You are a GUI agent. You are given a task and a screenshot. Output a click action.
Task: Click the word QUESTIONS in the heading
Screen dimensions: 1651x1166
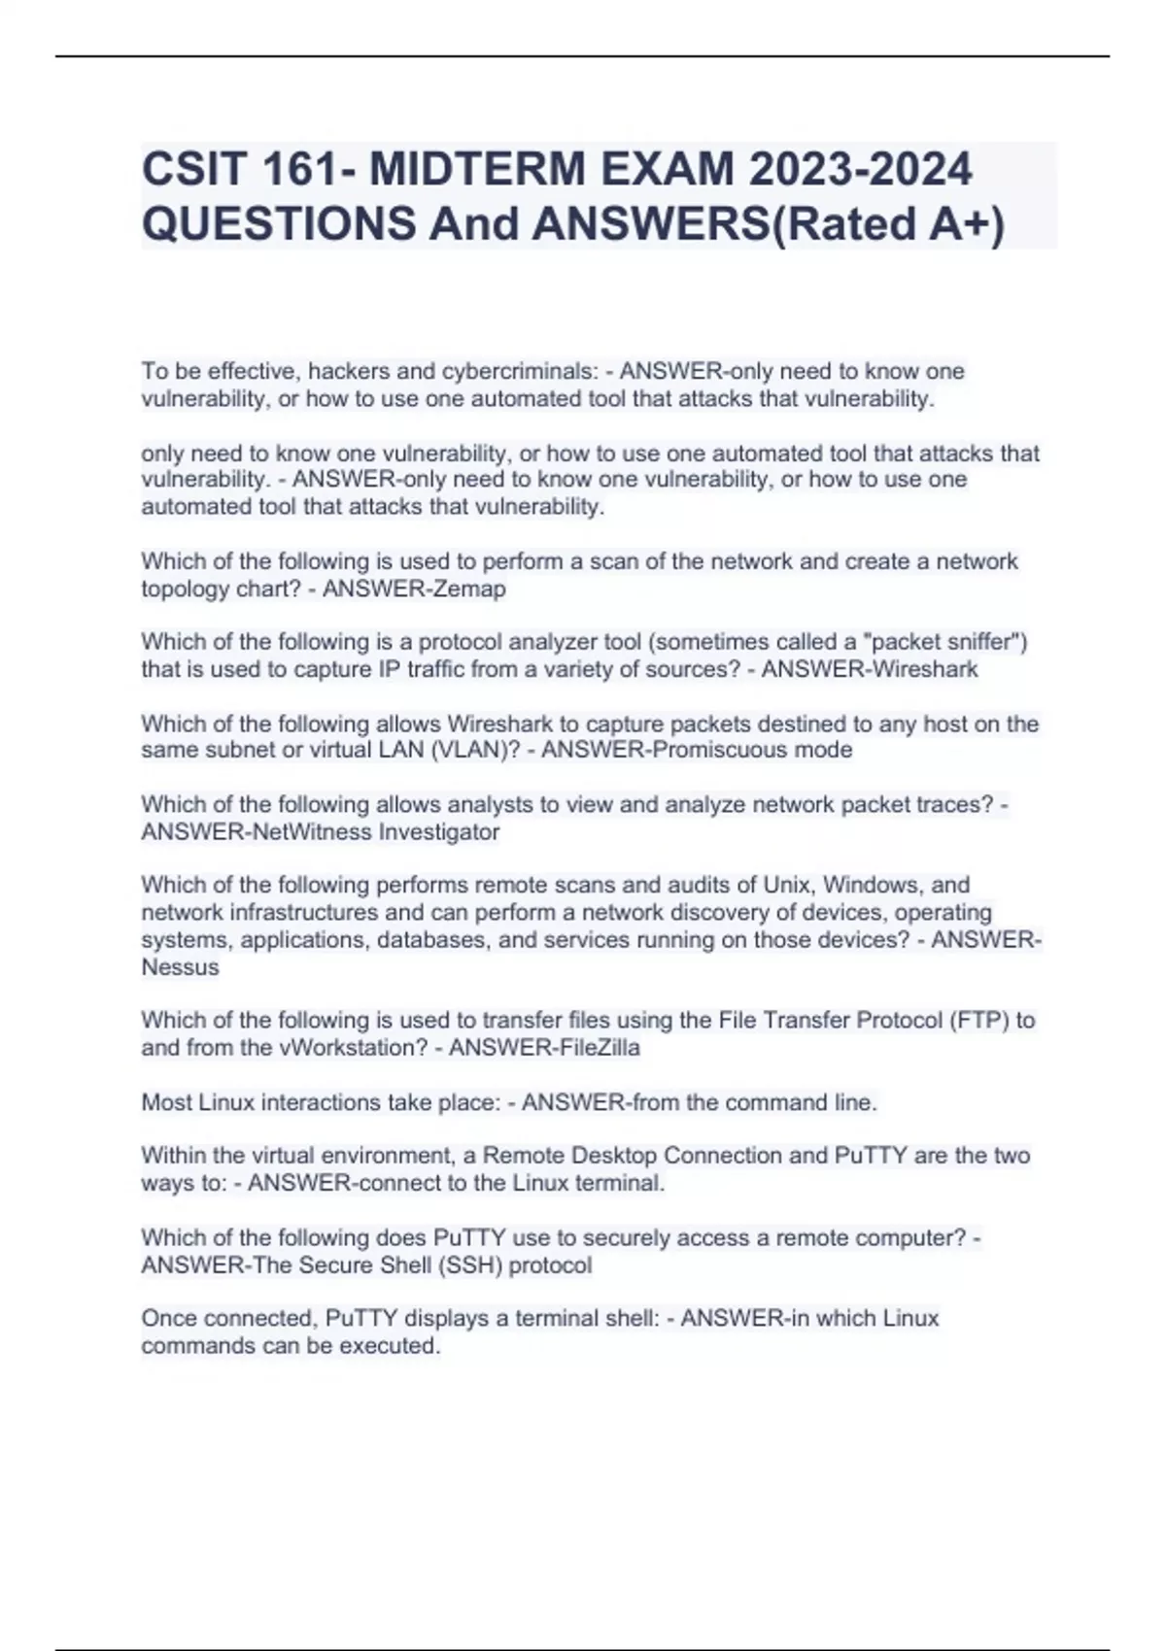click(x=279, y=224)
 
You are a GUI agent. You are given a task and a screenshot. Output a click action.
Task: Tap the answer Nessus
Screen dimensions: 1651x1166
click(x=181, y=967)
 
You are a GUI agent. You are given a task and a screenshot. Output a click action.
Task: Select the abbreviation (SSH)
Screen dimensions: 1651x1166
click(x=470, y=1265)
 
